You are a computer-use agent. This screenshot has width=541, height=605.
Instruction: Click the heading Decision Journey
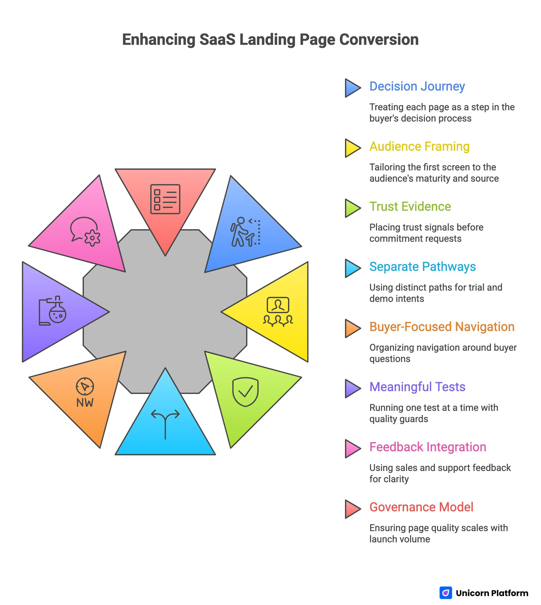[417, 86]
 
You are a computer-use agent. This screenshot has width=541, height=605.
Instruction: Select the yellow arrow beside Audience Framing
[352, 148]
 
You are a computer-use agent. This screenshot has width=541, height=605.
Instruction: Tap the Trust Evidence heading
[410, 207]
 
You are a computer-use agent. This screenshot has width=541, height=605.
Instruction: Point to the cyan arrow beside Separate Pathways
[352, 268]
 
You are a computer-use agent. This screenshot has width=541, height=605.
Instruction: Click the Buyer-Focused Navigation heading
[442, 327]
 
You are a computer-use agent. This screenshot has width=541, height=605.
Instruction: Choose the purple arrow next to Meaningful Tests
[352, 388]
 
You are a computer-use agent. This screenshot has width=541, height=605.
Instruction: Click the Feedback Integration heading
[427, 447]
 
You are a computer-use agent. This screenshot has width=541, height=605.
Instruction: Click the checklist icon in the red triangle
[165, 199]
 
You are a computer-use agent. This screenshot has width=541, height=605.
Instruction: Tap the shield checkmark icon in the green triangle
[245, 392]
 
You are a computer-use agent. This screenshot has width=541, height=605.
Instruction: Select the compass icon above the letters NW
[85, 386]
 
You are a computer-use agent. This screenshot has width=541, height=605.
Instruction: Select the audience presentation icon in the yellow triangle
[278, 311]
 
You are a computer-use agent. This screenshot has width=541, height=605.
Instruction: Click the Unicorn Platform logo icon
[445, 593]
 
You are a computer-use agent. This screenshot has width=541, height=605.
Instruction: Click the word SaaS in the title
[217, 40]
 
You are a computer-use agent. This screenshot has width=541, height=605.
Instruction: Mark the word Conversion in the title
[379, 40]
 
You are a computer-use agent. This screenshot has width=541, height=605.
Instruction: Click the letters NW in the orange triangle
[85, 403]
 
